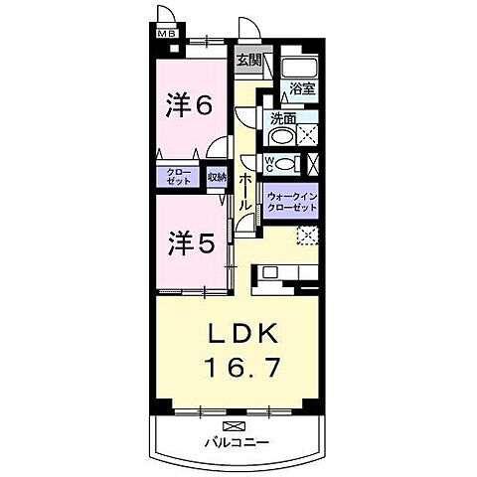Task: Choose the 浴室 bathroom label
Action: (301, 88)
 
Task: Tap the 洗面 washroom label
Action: (282, 119)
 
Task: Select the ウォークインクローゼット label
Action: (292, 202)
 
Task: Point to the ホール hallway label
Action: (243, 188)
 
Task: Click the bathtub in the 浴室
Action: (299, 67)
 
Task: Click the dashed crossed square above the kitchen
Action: (308, 236)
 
